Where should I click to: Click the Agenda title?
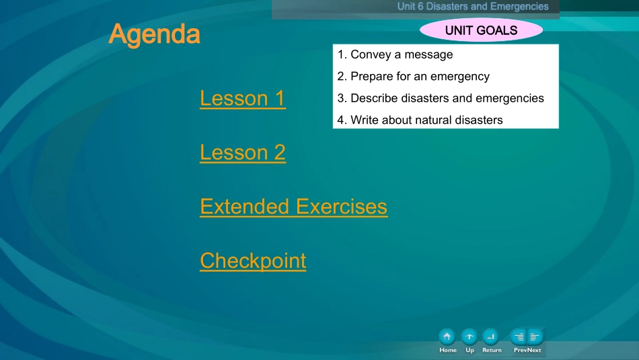tap(154, 34)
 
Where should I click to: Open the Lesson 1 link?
tap(242, 98)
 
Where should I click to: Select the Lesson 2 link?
tap(242, 153)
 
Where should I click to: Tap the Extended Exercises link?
tap(293, 207)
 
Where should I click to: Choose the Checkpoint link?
tap(253, 260)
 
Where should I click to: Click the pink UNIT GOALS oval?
tap(481, 30)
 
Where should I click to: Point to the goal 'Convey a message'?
tap(395, 55)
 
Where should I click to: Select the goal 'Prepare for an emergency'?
tap(413, 76)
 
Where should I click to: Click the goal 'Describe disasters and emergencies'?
tap(441, 98)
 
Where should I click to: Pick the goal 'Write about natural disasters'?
tap(420, 120)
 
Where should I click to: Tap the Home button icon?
tap(447, 336)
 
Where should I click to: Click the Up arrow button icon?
tap(469, 336)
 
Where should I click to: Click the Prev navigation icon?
tap(519, 336)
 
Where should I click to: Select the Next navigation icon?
tap(535, 336)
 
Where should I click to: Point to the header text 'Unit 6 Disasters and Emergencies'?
tap(473, 7)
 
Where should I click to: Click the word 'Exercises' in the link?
tap(342, 207)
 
